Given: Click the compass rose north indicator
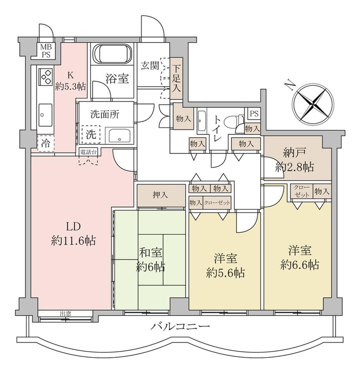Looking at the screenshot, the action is pos(313,103).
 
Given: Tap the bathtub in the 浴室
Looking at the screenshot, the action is pos(112,54).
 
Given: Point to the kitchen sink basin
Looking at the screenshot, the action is pos(45,115).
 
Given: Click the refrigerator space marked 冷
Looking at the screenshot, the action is pos(46,143).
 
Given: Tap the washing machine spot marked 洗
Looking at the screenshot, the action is pos(91,135).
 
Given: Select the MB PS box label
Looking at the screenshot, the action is pos(46,51).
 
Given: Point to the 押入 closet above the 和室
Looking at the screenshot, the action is pos(161,196).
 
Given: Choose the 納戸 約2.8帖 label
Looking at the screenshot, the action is pos(295,160).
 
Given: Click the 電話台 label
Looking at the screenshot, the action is pos(88,152).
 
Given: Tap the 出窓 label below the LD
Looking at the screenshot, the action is pos(65,314).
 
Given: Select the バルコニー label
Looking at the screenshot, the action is pos(180,327).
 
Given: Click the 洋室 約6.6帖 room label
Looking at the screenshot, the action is pos(299,258).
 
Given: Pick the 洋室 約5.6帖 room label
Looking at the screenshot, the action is pos(225,266).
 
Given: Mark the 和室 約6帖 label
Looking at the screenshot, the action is pos(150,260).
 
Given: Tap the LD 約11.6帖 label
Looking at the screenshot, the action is pos(73,234).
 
